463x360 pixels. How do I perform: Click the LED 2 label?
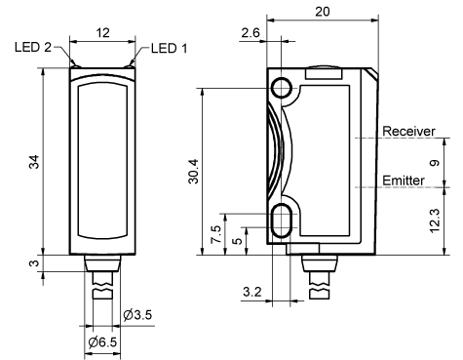(33, 48)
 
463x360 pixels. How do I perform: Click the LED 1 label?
(170, 49)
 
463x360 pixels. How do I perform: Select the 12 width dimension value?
(103, 33)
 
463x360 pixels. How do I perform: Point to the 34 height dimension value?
(34, 162)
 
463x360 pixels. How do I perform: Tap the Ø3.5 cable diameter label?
(137, 315)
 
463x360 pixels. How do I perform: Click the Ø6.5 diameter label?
(102, 342)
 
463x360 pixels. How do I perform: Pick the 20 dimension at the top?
(323, 12)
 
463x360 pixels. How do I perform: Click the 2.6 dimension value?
(251, 33)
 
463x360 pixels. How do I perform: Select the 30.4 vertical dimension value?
(194, 172)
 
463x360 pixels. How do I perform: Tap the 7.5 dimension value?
(216, 235)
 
